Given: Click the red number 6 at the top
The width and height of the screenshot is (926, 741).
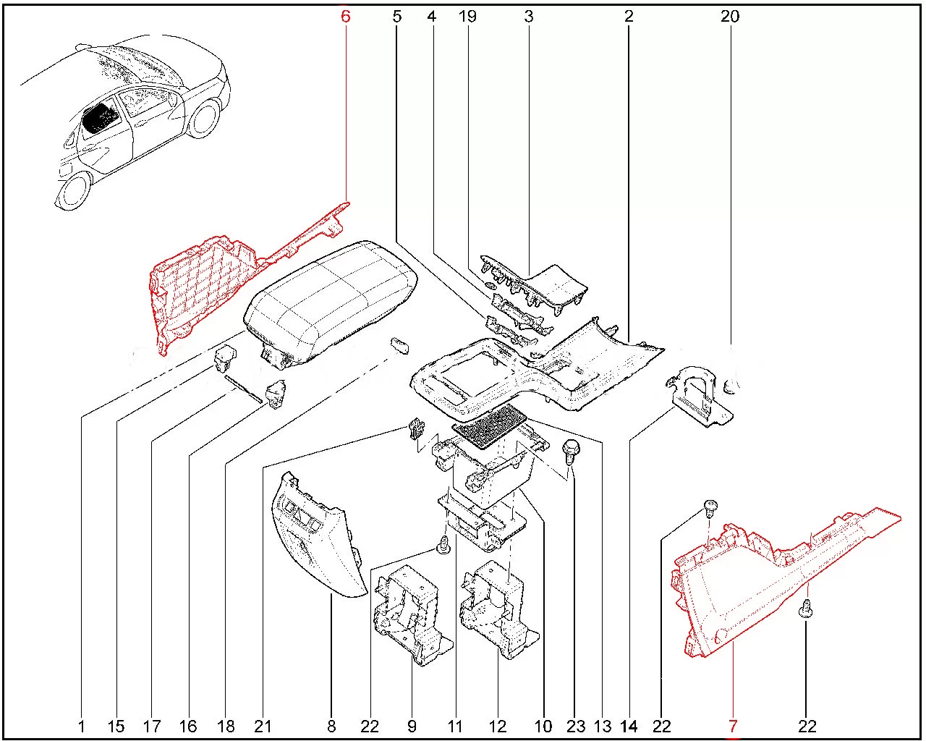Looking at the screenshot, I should tap(346, 16).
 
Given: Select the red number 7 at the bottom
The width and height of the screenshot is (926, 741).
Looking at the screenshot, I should tap(733, 726).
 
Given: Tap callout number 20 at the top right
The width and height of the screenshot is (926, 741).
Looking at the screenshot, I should tap(730, 16).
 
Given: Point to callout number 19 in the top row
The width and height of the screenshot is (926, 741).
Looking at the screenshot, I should tap(468, 16).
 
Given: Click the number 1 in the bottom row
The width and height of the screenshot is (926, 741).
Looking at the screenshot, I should tap(81, 726).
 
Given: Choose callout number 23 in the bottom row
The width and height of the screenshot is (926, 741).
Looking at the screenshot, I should tap(575, 726).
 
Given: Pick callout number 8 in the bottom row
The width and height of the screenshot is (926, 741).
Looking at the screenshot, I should tap(332, 726).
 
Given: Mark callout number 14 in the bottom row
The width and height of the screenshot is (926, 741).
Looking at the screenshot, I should tap(629, 726).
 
